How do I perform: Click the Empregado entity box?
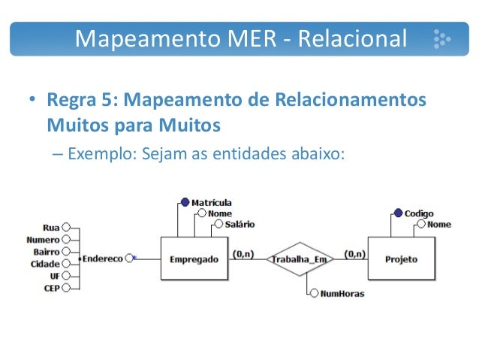(x=194, y=259)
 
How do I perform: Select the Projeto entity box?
(x=401, y=259)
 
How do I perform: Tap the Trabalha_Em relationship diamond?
(x=300, y=259)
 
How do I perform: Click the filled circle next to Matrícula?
(x=185, y=202)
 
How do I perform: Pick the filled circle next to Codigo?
(x=398, y=213)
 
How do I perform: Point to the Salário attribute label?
(x=236, y=224)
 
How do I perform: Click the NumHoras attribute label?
(x=342, y=293)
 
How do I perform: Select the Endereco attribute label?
(x=103, y=258)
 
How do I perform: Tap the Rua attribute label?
(x=51, y=227)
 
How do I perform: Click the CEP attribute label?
(x=51, y=287)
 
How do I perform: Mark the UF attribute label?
(x=54, y=276)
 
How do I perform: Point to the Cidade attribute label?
(x=45, y=264)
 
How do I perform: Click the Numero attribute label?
(x=43, y=239)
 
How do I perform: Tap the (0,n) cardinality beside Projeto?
(x=354, y=254)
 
